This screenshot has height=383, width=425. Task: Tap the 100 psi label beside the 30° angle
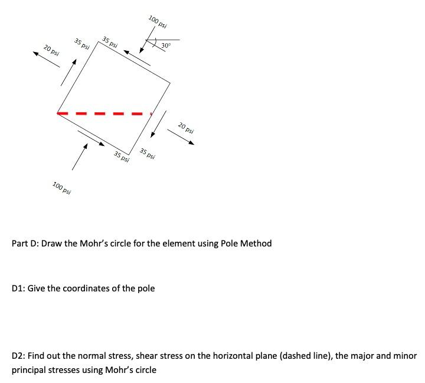pos(158,22)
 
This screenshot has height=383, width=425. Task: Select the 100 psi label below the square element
pos(62,189)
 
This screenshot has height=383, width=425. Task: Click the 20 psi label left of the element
pos(51,50)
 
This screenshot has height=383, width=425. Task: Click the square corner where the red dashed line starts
pos(57,113)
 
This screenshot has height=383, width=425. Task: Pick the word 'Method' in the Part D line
pos(256,244)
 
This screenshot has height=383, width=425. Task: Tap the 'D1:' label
pos(18,288)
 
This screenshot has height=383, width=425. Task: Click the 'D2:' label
pos(18,356)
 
